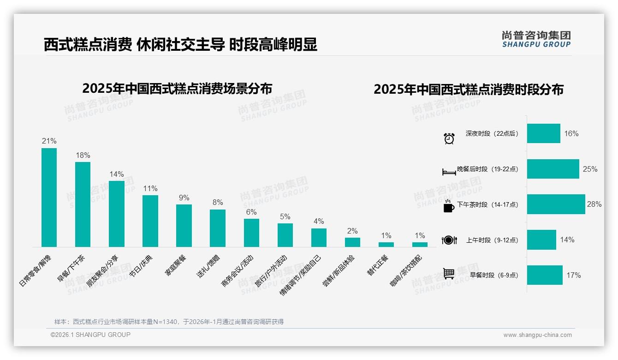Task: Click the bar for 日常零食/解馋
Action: click(x=49, y=198)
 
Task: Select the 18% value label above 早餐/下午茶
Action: click(x=83, y=155)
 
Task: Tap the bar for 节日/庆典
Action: click(x=150, y=221)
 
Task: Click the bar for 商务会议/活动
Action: click(x=251, y=233)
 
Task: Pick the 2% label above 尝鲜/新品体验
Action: click(x=352, y=231)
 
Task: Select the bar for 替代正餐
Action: click(x=386, y=244)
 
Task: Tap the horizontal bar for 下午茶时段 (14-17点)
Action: click(x=556, y=204)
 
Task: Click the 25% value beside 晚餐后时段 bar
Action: click(x=590, y=169)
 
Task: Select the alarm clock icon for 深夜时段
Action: click(x=449, y=138)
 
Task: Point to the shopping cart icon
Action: click(x=449, y=274)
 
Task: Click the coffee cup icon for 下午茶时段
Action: click(x=448, y=206)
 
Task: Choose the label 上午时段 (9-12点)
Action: click(x=492, y=240)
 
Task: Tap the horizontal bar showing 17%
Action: click(x=545, y=275)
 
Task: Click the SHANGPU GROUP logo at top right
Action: click(x=536, y=39)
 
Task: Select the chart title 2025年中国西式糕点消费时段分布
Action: click(x=468, y=89)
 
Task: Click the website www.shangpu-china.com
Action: click(x=537, y=335)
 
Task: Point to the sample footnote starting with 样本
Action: click(x=169, y=322)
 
